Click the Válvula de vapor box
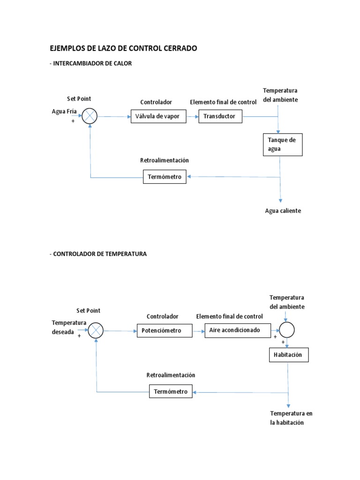click(158, 116)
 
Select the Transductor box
click(220, 116)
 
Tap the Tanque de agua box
click(282, 144)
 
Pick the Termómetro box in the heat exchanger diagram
click(165, 177)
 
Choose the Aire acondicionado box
click(238, 330)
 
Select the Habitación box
click(288, 355)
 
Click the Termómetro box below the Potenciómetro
click(171, 391)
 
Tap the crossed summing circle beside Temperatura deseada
click(96, 330)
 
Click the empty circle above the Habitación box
click(287, 330)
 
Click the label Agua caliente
click(283, 211)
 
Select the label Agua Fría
click(64, 112)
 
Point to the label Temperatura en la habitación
click(291, 418)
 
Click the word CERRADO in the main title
click(177, 48)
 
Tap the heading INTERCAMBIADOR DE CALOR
click(92, 63)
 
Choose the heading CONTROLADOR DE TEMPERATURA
click(99, 254)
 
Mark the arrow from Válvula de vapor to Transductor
click(192, 116)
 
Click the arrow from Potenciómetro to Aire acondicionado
click(199, 330)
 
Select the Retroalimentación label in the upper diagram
click(164, 160)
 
